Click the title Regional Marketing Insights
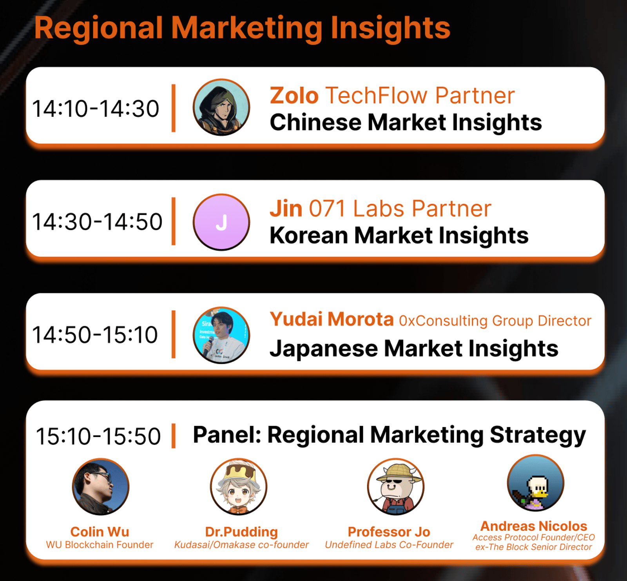coord(242,28)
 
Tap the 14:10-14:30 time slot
coord(96,109)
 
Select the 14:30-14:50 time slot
coord(97,222)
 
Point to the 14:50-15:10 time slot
coord(95,334)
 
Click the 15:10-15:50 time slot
coord(98,436)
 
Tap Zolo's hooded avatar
coord(221,107)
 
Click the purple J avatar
coord(221,222)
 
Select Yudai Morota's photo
coord(221,335)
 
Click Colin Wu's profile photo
coord(101,487)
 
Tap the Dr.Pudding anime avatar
coord(239,487)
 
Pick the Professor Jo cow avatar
coord(396,487)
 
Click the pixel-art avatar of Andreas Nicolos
coord(536,483)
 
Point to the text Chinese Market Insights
coord(406,122)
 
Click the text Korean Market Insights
coord(399,235)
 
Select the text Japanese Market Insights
coord(414,349)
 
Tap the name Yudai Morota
coord(332,319)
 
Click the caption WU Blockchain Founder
coord(100,545)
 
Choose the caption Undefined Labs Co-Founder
coord(389,545)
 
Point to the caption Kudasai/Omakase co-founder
coord(241,545)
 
